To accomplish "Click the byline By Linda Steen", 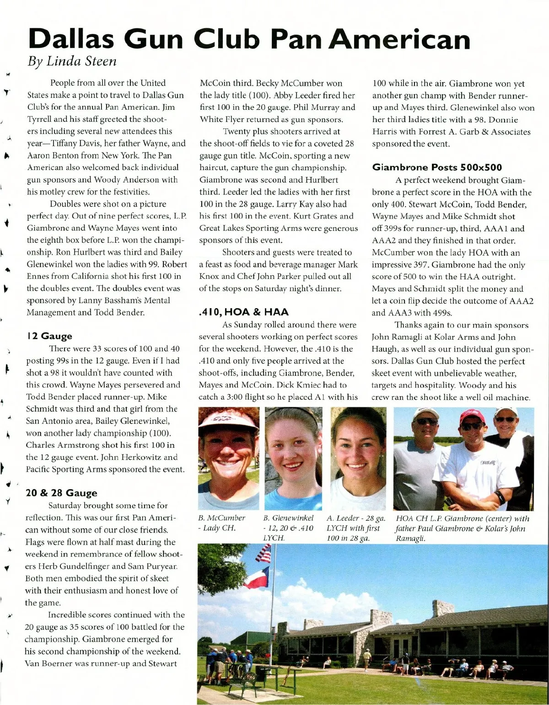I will pyautogui.click(x=72, y=61).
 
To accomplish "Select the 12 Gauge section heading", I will pyautogui.click(x=49, y=336).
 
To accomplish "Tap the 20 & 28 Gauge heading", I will pyautogui.click(x=61, y=493).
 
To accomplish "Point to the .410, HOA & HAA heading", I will pyautogui.click(x=243, y=312).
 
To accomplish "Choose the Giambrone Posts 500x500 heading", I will pyautogui.click(x=437, y=167).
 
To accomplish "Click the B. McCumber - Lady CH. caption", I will pyautogui.click(x=222, y=523).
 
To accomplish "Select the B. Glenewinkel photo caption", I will pyautogui.click(x=289, y=528).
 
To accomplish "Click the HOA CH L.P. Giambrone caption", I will pyautogui.click(x=462, y=528).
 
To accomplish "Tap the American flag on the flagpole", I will pyautogui.click(x=264, y=554).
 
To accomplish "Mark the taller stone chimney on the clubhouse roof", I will pyautogui.click(x=442, y=609).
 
